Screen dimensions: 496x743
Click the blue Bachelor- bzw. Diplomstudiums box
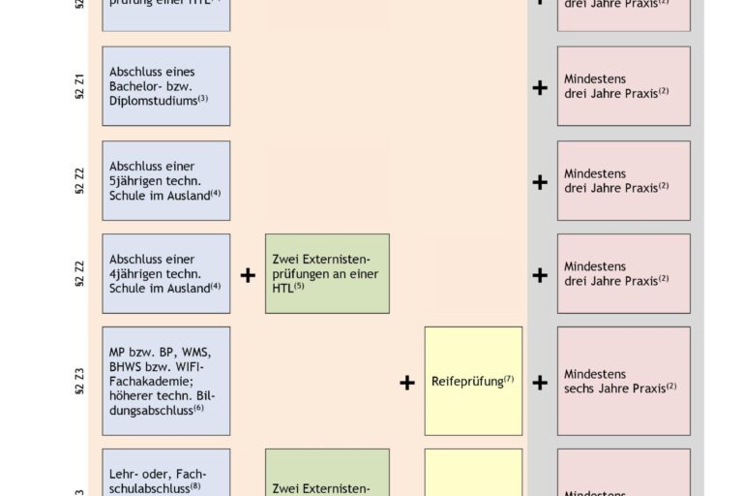point(165,86)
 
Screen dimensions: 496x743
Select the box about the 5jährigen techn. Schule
point(165,180)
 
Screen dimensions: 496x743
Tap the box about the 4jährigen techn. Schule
point(165,273)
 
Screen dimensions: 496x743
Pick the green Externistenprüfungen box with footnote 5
point(327,273)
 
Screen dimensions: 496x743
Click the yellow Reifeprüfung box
point(473,381)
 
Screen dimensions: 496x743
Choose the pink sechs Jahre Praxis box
point(623,381)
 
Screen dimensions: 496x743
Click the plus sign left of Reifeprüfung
point(407,383)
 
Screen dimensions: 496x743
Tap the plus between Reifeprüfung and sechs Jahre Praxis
point(540,383)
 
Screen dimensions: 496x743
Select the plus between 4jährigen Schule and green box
point(248,275)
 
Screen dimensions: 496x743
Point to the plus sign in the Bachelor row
point(540,88)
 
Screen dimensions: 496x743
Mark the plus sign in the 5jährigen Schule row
point(540,182)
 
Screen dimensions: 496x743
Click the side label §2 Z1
point(80,87)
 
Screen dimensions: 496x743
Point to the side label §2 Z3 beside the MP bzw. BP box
point(80,381)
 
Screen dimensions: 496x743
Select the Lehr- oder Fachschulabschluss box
point(165,475)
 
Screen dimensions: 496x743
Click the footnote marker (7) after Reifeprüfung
point(509,378)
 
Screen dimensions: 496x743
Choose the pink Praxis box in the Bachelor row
point(623,86)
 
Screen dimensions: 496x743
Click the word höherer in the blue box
point(130,395)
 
